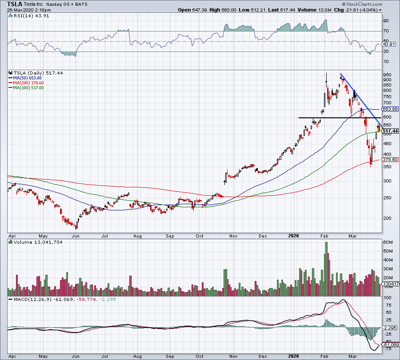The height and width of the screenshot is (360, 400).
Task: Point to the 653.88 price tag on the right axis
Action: pos(391,109)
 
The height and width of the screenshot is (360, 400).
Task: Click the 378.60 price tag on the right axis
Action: pos(391,160)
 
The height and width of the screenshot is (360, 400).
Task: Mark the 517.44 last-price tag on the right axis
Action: pos(391,131)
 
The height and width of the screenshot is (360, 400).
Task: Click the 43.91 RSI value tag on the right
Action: pos(389,44)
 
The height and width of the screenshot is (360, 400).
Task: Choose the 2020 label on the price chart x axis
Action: pos(292,236)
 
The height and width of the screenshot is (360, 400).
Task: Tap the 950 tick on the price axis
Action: pos(387,74)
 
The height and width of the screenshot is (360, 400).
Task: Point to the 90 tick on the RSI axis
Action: pos(386,20)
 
